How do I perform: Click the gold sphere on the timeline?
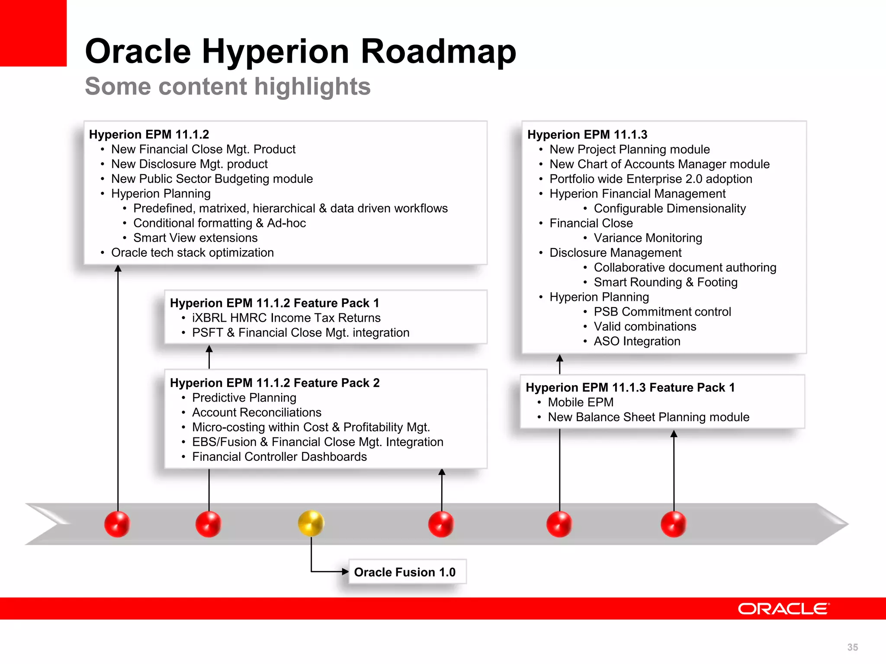pos(311,523)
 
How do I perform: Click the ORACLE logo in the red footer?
pos(783,609)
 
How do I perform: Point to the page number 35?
pos(852,647)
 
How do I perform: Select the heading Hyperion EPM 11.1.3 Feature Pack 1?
pos(630,387)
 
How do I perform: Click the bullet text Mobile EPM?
pos(581,402)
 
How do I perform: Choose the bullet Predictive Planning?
pos(244,397)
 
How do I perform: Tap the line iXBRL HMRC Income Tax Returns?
pos(286,318)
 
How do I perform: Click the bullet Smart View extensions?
pos(195,238)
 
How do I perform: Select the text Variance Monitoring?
pos(648,238)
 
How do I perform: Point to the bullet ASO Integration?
pos(637,341)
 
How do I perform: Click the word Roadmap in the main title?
pos(438,51)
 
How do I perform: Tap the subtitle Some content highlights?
pos(228,86)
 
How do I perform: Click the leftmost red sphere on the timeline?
pos(117,524)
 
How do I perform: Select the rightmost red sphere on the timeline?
pos(674,524)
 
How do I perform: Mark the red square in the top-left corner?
pos(33,33)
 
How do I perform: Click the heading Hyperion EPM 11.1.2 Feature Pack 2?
pos(274,383)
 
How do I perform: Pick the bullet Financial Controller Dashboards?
pos(279,456)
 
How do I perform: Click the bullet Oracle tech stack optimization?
pos(192,252)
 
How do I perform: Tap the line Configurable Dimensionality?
pos(669,208)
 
